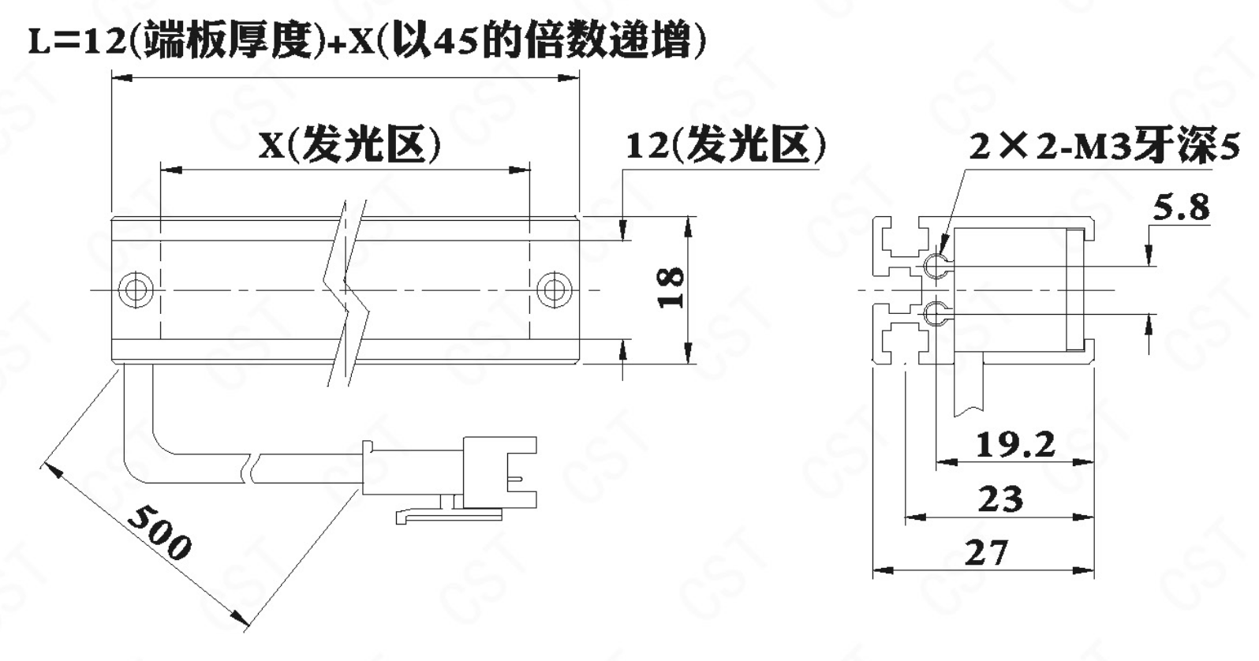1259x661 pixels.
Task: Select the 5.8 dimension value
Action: (x=1181, y=207)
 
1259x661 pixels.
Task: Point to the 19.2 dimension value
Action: (x=1015, y=445)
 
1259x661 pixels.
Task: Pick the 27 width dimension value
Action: (x=987, y=552)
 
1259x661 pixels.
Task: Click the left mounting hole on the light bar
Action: (x=136, y=290)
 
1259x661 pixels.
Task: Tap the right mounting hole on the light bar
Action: (x=555, y=290)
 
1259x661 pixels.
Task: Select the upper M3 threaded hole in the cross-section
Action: (x=936, y=265)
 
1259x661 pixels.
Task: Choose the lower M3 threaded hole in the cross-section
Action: (x=936, y=313)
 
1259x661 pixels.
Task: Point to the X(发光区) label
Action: (x=349, y=145)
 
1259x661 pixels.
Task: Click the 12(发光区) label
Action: (x=726, y=145)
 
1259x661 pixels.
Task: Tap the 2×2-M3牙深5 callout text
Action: (x=1104, y=146)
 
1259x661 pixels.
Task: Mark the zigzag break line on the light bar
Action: (x=345, y=293)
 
